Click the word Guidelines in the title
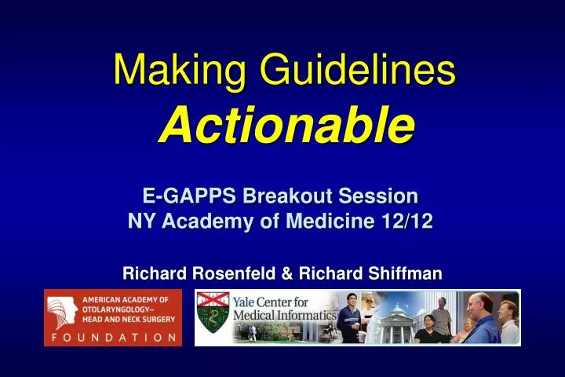click(x=362, y=71)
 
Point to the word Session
click(x=378, y=195)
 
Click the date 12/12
click(x=408, y=221)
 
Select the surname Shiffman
click(x=403, y=273)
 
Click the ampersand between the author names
click(x=286, y=273)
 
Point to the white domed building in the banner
click(x=397, y=318)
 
